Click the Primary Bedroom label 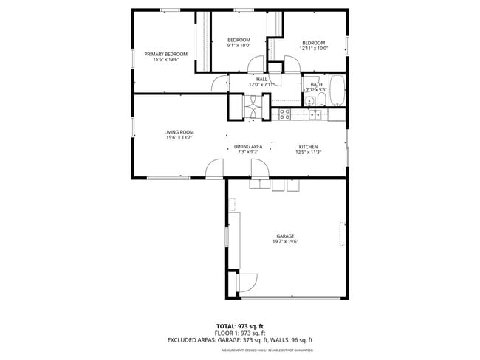tap(165, 54)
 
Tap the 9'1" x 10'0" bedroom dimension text tap(239, 46)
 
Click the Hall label tap(261, 79)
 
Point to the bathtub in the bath tap(336, 90)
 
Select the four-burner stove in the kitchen tap(285, 114)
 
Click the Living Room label tap(179, 132)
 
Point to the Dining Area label tap(248, 146)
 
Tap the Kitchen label tap(308, 146)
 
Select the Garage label tap(285, 236)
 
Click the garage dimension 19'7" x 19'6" tap(285, 242)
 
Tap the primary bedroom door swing tap(219, 85)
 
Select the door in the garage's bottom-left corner tap(246, 283)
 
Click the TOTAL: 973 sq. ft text tap(240, 325)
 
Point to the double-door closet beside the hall tap(251, 108)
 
